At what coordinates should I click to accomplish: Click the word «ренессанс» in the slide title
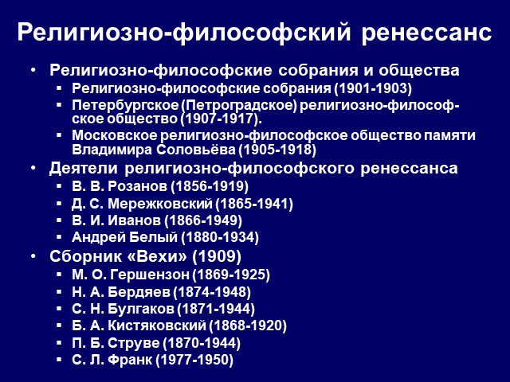coord(426,33)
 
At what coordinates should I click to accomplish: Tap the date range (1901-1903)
coord(373,88)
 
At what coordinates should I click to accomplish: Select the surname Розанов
coord(137,186)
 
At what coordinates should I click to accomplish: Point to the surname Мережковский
coord(159,204)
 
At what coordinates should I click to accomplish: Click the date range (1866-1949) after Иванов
coord(203,220)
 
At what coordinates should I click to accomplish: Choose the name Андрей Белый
coord(124,237)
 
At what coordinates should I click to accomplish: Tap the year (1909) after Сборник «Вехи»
coord(217,256)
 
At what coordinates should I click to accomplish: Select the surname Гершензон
coord(150,275)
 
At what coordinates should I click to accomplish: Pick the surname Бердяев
coord(139,292)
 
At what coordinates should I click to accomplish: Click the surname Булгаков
coord(141,309)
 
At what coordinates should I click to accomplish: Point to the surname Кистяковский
coord(157,325)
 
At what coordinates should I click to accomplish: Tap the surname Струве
coord(133,343)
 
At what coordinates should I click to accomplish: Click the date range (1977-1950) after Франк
coord(194,360)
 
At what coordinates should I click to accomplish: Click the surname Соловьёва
coord(195,150)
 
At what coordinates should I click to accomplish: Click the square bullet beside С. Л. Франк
coord(59,359)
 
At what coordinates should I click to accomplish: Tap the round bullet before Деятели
coord(33,168)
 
